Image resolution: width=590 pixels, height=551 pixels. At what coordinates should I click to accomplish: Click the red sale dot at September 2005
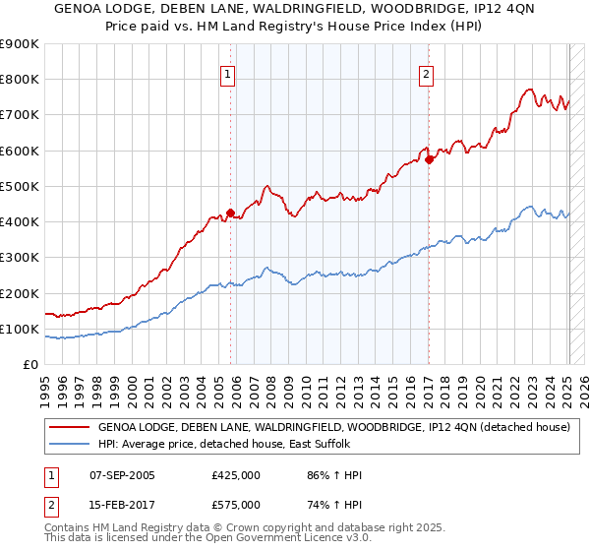click(x=230, y=213)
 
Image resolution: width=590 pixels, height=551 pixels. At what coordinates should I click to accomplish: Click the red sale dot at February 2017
click(x=430, y=159)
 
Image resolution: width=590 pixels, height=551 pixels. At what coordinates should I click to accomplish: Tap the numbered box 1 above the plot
click(x=227, y=73)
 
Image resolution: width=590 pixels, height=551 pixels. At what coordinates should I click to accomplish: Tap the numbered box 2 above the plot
click(x=427, y=73)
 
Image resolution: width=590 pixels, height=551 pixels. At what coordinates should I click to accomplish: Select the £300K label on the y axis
click(x=21, y=258)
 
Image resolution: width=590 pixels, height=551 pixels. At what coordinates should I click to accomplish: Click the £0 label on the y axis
click(x=30, y=365)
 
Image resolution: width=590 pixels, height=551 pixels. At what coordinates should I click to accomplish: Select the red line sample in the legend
click(x=68, y=428)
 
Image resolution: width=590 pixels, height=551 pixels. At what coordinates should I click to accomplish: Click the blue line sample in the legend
click(x=68, y=444)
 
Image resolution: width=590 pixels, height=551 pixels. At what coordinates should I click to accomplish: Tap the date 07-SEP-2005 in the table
click(x=122, y=476)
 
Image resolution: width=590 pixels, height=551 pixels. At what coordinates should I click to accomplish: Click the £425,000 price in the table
click(x=236, y=476)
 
